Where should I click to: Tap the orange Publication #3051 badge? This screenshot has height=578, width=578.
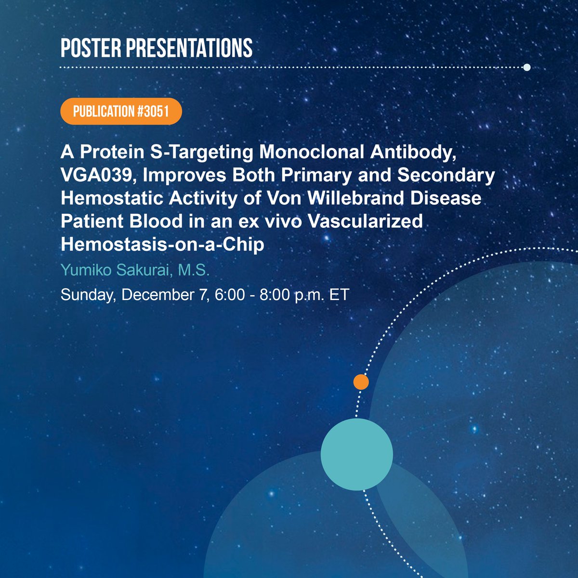click(121, 112)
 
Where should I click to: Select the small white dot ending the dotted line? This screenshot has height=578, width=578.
click(526, 67)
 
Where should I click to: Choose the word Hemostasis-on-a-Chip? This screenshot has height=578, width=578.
click(162, 245)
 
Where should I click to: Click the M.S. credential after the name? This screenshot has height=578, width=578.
click(194, 270)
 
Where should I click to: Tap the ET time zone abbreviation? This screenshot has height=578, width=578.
click(339, 294)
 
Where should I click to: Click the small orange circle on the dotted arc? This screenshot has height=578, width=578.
click(361, 382)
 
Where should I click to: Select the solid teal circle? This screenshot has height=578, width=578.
click(357, 454)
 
